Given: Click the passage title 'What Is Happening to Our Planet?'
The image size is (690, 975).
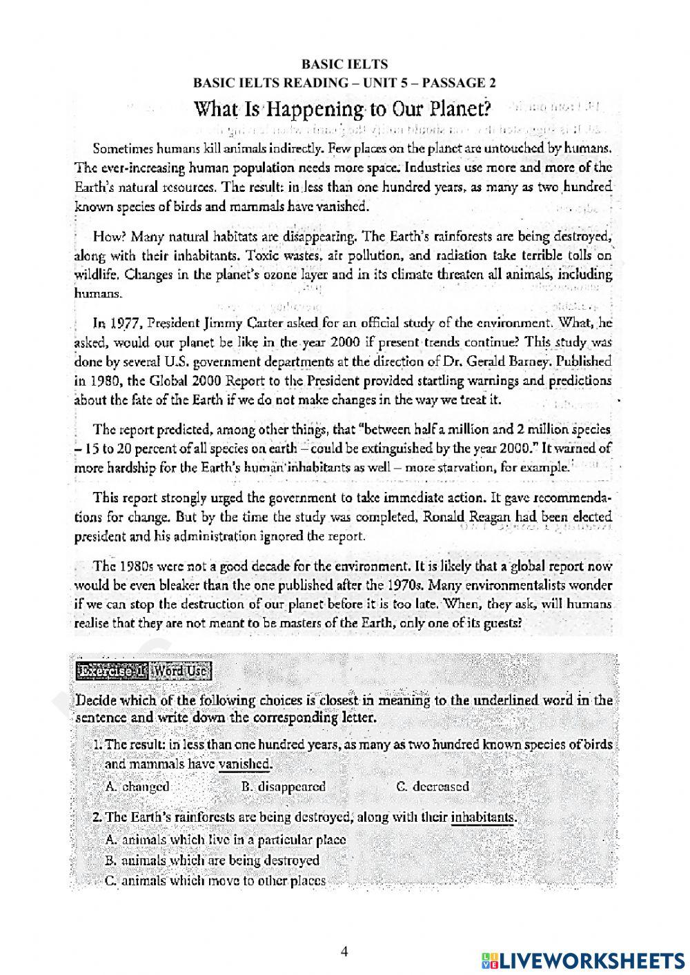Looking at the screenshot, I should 342,110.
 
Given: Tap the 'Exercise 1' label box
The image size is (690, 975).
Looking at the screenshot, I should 111,670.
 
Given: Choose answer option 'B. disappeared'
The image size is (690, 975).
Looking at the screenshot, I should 284,787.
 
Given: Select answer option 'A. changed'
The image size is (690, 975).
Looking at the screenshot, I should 137,787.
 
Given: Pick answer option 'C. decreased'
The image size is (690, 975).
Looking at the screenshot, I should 433,787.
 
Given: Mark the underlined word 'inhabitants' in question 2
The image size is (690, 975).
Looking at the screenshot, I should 483,818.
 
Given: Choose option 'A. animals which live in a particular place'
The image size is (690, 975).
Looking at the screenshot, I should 226,840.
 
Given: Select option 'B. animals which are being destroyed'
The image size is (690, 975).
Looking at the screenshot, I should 213,860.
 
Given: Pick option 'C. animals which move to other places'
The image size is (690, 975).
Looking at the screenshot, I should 215,880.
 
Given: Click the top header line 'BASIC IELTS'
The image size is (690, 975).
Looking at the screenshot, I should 345,64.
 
